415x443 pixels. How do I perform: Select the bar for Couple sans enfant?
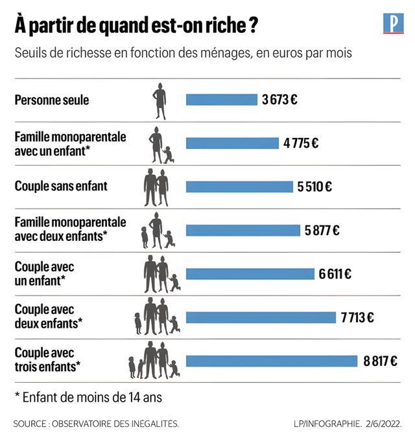pyautogui.click(x=239, y=187)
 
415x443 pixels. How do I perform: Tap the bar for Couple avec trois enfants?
pyautogui.click(x=272, y=361)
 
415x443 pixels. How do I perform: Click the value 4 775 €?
pyautogui.click(x=301, y=143)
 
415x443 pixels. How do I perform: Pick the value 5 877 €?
pyautogui.click(x=322, y=230)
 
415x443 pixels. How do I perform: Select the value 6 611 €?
pyautogui.click(x=335, y=273)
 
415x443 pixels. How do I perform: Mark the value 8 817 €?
pyautogui.click(x=379, y=361)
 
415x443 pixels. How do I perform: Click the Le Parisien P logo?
pyautogui.click(x=393, y=25)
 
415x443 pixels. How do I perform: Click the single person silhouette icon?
pyautogui.click(x=160, y=100)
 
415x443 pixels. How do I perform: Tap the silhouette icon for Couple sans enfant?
pyautogui.click(x=156, y=187)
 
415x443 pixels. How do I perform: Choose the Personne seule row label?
pyautogui.click(x=52, y=100)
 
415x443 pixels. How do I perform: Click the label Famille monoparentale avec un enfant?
pyautogui.click(x=71, y=143)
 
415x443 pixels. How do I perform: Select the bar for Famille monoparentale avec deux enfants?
pyautogui.click(x=243, y=230)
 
